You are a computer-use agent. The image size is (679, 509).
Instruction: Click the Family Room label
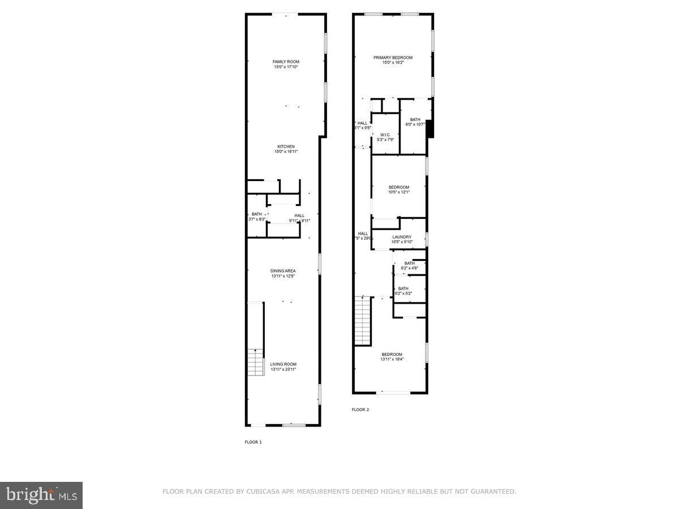[286, 62]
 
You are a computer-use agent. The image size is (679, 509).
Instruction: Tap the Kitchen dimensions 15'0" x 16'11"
[286, 152]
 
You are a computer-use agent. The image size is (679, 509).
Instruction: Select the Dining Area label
[283, 271]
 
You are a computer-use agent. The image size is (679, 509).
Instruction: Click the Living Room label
[283, 364]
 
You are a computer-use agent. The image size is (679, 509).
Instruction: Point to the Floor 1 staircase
[256, 363]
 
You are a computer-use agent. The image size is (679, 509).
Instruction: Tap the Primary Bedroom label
[393, 58]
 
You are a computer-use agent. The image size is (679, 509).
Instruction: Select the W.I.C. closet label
[385, 135]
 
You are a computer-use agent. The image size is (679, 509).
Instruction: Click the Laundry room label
[402, 237]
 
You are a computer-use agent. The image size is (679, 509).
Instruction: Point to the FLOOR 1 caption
[253, 442]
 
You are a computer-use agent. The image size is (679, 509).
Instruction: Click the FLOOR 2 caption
[360, 409]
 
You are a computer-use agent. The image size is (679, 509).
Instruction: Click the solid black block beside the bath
[430, 128]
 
